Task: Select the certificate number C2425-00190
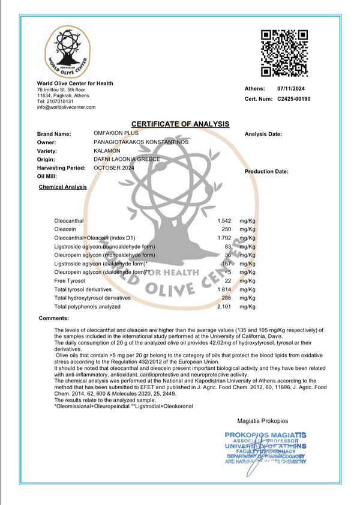(x=294, y=98)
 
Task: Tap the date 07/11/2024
(x=292, y=89)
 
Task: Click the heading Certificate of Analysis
(x=180, y=124)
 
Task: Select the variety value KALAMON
(x=107, y=150)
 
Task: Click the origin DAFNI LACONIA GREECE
(x=127, y=159)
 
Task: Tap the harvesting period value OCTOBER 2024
(x=114, y=168)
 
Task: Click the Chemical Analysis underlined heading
(x=62, y=187)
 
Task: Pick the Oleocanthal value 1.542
(x=223, y=221)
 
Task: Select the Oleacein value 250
(x=226, y=229)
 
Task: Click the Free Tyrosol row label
(x=68, y=280)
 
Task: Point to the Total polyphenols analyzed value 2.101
(x=223, y=306)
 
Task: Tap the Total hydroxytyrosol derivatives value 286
(x=226, y=298)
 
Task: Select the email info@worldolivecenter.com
(x=66, y=107)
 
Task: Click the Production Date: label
(x=266, y=172)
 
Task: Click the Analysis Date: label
(x=263, y=135)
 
